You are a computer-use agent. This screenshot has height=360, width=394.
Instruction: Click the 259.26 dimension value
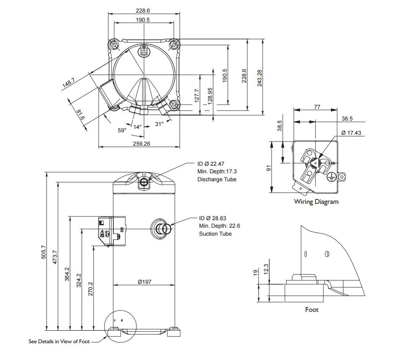pyautogui.click(x=141, y=144)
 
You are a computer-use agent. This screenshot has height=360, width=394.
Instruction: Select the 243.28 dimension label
pyautogui.click(x=260, y=78)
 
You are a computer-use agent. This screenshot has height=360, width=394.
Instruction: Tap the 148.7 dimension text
pyautogui.click(x=69, y=83)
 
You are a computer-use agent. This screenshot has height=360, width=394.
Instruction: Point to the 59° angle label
pyautogui.click(x=122, y=130)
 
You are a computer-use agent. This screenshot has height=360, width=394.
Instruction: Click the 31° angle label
pyautogui.click(x=159, y=123)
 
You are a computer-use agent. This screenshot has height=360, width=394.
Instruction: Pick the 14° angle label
pyautogui.click(x=138, y=127)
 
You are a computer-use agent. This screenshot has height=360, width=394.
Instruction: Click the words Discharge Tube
pyautogui.click(x=217, y=179)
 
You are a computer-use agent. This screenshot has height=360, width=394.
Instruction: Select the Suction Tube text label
pyautogui.click(x=215, y=234)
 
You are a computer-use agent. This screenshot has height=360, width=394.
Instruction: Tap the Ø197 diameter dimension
pyautogui.click(x=144, y=282)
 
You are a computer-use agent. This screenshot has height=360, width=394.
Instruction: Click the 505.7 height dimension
pyautogui.click(x=44, y=252)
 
